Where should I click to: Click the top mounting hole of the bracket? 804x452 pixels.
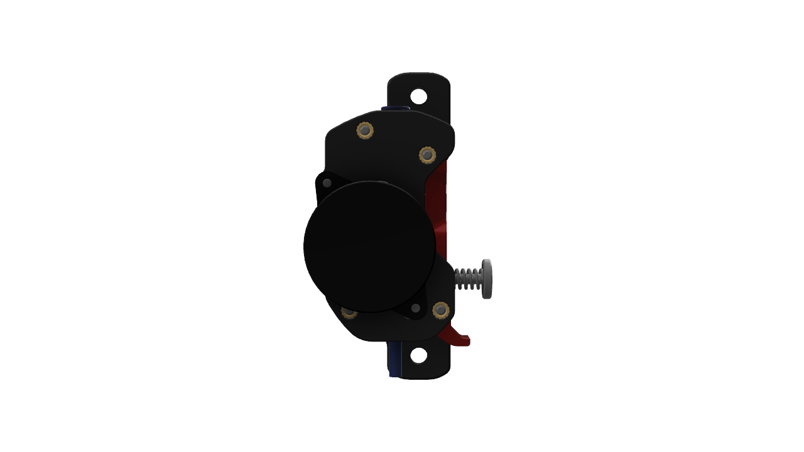[x=418, y=97]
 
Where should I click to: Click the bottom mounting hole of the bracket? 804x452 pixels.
[x=418, y=355]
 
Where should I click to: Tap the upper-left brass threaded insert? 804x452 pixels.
[x=365, y=131]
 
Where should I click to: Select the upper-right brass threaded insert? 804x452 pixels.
[x=427, y=154]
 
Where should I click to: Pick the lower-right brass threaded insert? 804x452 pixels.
[x=441, y=310]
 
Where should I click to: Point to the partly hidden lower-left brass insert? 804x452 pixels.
[x=349, y=313]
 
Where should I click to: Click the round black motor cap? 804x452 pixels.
[x=369, y=247]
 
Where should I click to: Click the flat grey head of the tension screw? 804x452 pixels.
[x=487, y=279]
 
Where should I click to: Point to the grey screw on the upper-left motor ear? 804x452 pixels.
[x=327, y=183]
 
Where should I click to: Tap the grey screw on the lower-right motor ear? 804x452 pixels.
[x=415, y=308]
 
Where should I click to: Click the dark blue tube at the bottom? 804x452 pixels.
[x=394, y=360]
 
